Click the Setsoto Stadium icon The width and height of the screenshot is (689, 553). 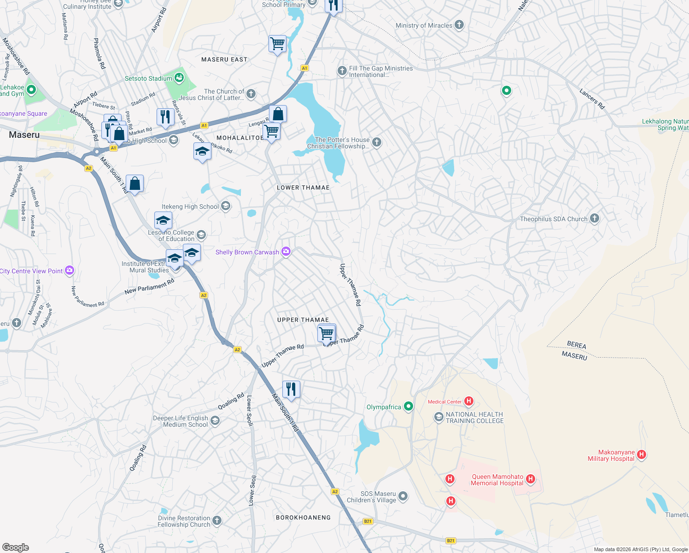(179, 78)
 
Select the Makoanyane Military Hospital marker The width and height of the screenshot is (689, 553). (641, 455)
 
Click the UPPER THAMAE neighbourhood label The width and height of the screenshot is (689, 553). (303, 320)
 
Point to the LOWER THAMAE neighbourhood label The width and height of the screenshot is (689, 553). (303, 188)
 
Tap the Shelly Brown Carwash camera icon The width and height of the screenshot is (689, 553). (286, 252)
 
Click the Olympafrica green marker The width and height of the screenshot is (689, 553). (408, 406)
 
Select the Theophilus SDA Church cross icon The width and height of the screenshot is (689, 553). (595, 218)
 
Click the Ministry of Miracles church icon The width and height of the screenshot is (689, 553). (459, 25)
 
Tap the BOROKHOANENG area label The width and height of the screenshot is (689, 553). (303, 518)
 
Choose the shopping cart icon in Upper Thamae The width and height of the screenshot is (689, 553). (327, 333)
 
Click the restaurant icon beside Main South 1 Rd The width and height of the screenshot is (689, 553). (291, 389)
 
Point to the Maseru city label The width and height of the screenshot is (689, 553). (24, 135)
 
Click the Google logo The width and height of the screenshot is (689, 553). (15, 547)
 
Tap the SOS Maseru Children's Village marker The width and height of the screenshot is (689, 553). (403, 496)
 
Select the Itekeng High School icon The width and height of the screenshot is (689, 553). (226, 206)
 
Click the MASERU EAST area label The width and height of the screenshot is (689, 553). (224, 59)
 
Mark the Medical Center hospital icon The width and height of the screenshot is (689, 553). (469, 401)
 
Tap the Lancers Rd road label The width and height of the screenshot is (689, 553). (592, 99)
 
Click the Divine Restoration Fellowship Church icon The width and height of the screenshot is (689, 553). (217, 521)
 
